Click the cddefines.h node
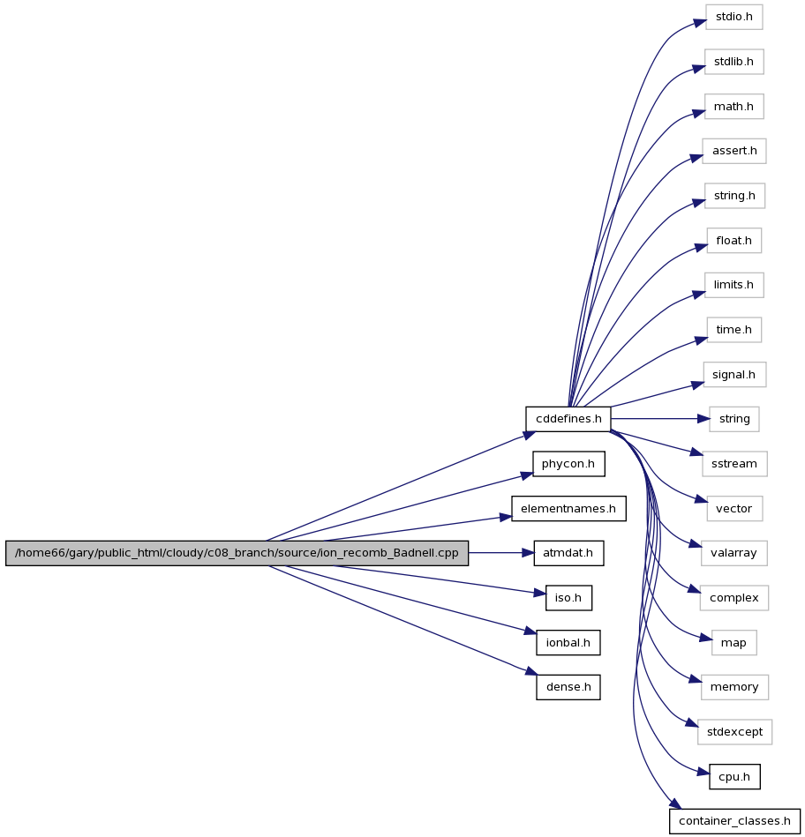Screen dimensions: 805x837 coord(568,419)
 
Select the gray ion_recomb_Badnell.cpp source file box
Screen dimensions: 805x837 coord(237,553)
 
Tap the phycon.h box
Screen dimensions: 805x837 coord(568,464)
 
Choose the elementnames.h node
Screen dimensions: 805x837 coord(568,509)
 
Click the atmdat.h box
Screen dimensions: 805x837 coord(568,553)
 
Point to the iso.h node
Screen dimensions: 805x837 coord(568,598)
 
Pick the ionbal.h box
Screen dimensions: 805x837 coord(568,643)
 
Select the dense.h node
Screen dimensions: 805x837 coord(568,687)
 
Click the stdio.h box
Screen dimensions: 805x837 coord(734,17)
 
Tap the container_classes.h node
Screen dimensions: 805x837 coord(734,821)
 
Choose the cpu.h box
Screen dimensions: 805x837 coord(734,777)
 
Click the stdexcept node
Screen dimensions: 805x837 coord(734,732)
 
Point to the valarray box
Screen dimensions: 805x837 coord(734,553)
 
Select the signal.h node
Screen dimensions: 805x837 coord(734,375)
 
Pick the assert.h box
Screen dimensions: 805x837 coord(734,151)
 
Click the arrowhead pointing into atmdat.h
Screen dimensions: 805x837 coord(527,553)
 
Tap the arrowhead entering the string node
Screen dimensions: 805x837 coord(703,419)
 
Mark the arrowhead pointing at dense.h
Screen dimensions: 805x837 coord(530,671)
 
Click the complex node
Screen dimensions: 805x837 coord(734,598)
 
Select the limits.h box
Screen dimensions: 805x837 coord(734,285)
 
